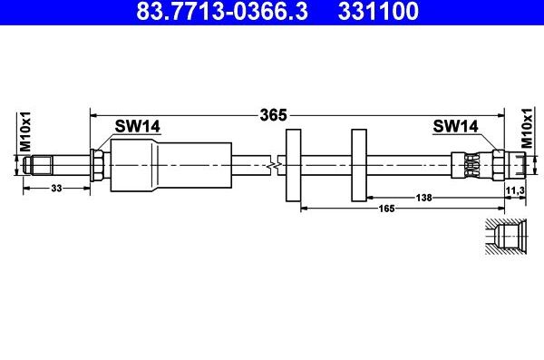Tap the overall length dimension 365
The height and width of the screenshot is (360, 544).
tap(273, 115)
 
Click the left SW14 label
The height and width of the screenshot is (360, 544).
tap(137, 127)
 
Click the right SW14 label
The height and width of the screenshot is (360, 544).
tap(455, 127)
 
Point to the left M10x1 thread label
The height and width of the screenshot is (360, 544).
tap(26, 131)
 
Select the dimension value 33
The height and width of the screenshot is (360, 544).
tap(56, 188)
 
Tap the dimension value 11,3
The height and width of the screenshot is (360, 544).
tap(515, 189)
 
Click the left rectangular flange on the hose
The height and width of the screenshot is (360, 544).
tap(293, 165)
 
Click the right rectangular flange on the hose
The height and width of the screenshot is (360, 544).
tap(358, 165)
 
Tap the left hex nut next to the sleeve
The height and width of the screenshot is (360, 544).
tap(97, 165)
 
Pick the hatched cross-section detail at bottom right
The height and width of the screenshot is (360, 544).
tap(504, 238)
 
